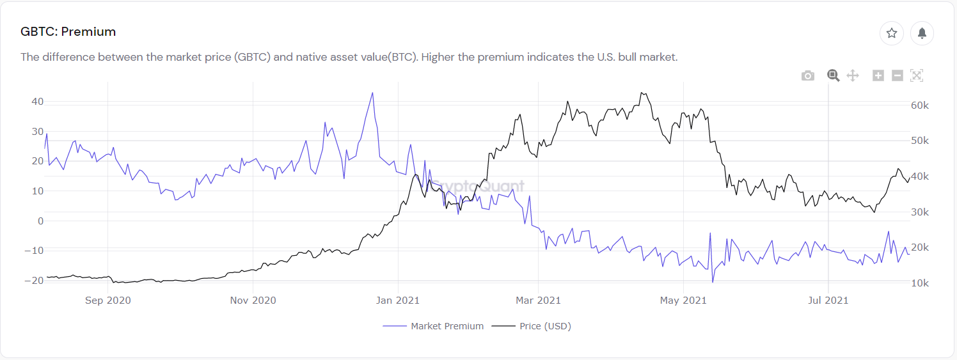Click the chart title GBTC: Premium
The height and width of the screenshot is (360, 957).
pyautogui.click(x=68, y=31)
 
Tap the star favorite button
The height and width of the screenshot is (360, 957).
pyautogui.click(x=891, y=33)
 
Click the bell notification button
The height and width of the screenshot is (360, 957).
pyautogui.click(x=922, y=33)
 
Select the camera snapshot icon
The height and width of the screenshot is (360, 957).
pyautogui.click(x=808, y=75)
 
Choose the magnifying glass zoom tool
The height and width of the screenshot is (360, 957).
pyautogui.click(x=833, y=75)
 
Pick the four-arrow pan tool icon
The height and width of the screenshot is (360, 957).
pyautogui.click(x=852, y=75)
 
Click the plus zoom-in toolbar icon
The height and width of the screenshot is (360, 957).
pyautogui.click(x=878, y=75)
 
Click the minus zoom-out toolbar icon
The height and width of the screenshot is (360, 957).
pyautogui.click(x=897, y=75)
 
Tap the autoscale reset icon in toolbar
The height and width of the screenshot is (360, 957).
pyautogui.click(x=916, y=75)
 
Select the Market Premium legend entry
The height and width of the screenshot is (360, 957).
pyautogui.click(x=447, y=326)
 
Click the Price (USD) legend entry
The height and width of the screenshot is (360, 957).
pyautogui.click(x=544, y=326)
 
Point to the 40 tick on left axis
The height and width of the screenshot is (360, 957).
pyautogui.click(x=37, y=102)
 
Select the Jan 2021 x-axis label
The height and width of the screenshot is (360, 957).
pyautogui.click(x=398, y=301)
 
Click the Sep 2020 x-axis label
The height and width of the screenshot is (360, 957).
pyautogui.click(x=107, y=301)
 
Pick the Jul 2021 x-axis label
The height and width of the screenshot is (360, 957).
pyautogui.click(x=828, y=301)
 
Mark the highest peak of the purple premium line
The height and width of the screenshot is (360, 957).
pyautogui.click(x=372, y=93)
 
